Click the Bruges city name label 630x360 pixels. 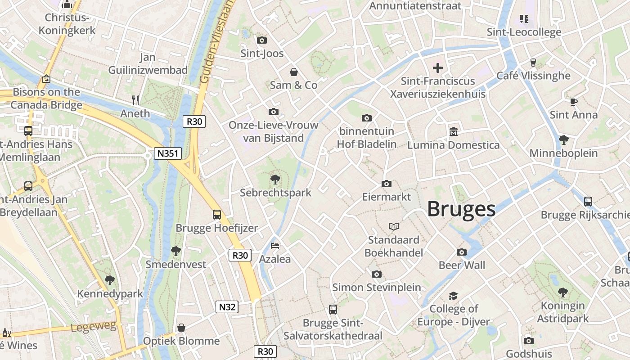coord(461,209)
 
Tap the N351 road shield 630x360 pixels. coord(167,153)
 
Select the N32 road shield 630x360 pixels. coord(227,307)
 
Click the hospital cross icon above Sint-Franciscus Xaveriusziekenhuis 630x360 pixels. coord(438,68)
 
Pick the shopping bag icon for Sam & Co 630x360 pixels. coord(294,72)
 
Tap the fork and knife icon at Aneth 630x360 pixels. coord(135,100)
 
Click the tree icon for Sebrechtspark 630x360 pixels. coord(275,180)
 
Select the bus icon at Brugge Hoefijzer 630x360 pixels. coord(217,214)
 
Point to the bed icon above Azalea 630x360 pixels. coord(275,246)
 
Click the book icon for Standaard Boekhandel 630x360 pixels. coord(394,226)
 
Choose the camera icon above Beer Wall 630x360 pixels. coord(462,252)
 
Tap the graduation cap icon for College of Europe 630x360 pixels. coord(453,296)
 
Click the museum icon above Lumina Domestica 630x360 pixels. coord(453,132)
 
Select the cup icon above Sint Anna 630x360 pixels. coord(574,102)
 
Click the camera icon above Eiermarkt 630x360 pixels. coord(386,184)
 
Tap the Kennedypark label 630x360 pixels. coord(110,294)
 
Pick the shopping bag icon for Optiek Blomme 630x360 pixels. coord(181,328)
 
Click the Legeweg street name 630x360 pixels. coord(94,327)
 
